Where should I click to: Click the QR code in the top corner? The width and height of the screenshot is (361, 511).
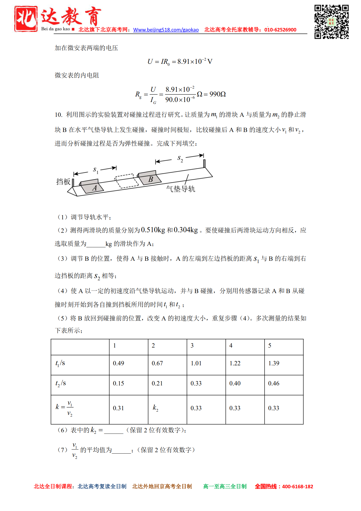[331, 22]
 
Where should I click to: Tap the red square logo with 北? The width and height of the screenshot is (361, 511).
[26, 19]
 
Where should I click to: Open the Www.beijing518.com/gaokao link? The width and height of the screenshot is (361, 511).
[166, 30]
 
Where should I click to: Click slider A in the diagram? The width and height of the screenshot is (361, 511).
[91, 186]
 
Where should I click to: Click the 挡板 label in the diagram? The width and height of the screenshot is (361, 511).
[63, 182]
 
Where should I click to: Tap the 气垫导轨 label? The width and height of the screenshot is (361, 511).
[180, 189]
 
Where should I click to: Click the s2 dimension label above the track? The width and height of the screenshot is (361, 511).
[180, 158]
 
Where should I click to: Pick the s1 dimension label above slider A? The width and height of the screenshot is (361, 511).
[95, 170]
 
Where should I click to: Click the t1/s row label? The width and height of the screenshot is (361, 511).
[60, 363]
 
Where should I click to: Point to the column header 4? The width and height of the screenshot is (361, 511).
[231, 346]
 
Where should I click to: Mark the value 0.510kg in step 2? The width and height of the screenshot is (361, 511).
[153, 230]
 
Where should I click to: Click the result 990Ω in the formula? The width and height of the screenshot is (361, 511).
[217, 94]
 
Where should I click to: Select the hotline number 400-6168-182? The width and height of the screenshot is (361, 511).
[298, 487]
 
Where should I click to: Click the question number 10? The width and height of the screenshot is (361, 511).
[58, 115]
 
